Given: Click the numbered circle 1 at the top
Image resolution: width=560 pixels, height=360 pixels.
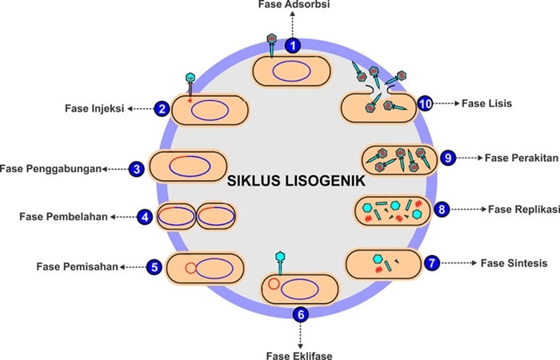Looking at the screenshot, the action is pos(293,46).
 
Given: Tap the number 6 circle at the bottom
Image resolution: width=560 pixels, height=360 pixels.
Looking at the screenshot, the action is pos(300,314).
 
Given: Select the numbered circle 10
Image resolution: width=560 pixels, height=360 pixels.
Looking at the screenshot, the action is pos(426,104).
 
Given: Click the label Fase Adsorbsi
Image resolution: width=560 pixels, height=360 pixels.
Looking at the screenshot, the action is pos(294,5).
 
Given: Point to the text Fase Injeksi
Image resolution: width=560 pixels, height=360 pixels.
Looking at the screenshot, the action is pos(94,108).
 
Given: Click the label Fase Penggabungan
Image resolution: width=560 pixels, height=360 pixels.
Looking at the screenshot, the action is pos(50,169).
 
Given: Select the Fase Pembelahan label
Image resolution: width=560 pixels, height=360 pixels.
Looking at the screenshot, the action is pos(63,217).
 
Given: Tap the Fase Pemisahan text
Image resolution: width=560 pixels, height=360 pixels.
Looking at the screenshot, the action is pos(77,266).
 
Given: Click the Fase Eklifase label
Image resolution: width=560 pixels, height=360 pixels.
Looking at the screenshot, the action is pos(299,356).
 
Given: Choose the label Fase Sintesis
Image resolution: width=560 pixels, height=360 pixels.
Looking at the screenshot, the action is pos(514,263).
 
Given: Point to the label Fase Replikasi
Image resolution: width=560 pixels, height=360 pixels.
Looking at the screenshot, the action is pos(524,210).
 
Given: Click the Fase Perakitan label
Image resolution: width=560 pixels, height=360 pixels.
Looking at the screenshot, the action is pos(522,158).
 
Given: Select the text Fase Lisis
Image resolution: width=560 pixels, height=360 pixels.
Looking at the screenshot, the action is pos(486,103).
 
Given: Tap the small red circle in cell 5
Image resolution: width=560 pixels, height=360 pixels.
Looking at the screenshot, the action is pos(190,268).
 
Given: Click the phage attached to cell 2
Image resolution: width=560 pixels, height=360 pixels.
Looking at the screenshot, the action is pos(190,86).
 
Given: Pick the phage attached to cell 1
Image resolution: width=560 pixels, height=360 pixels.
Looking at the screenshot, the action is pos(271,46).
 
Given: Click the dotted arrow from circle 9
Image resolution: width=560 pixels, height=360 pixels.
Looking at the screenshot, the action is pos(469,158).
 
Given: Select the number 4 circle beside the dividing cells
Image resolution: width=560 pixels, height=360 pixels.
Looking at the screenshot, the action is pos(145,217).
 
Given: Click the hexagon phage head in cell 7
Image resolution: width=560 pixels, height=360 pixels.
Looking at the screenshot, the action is pos(378,259).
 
